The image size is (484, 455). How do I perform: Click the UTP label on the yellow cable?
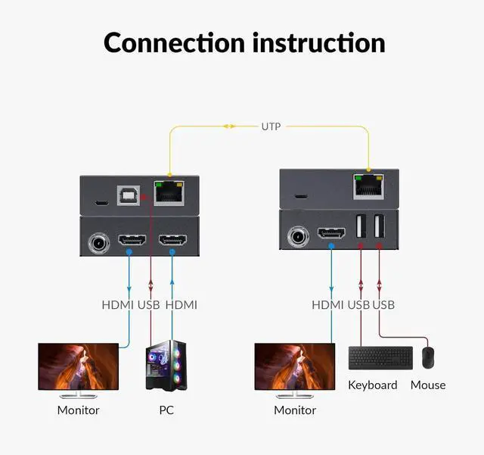click(271, 126)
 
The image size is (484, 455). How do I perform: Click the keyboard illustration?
click(380, 358)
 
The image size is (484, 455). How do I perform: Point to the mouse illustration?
click(428, 358)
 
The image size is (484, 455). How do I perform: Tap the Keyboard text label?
click(373, 385)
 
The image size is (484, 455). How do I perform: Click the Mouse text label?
click(428, 385)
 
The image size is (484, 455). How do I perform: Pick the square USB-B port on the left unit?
click(126, 195)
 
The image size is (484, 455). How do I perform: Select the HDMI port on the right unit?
click(331, 233)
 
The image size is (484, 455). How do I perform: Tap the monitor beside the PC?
click(79, 368)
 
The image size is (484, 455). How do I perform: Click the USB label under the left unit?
click(148, 305)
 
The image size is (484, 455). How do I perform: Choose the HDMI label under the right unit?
click(328, 305)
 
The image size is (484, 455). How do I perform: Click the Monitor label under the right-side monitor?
click(295, 410)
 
